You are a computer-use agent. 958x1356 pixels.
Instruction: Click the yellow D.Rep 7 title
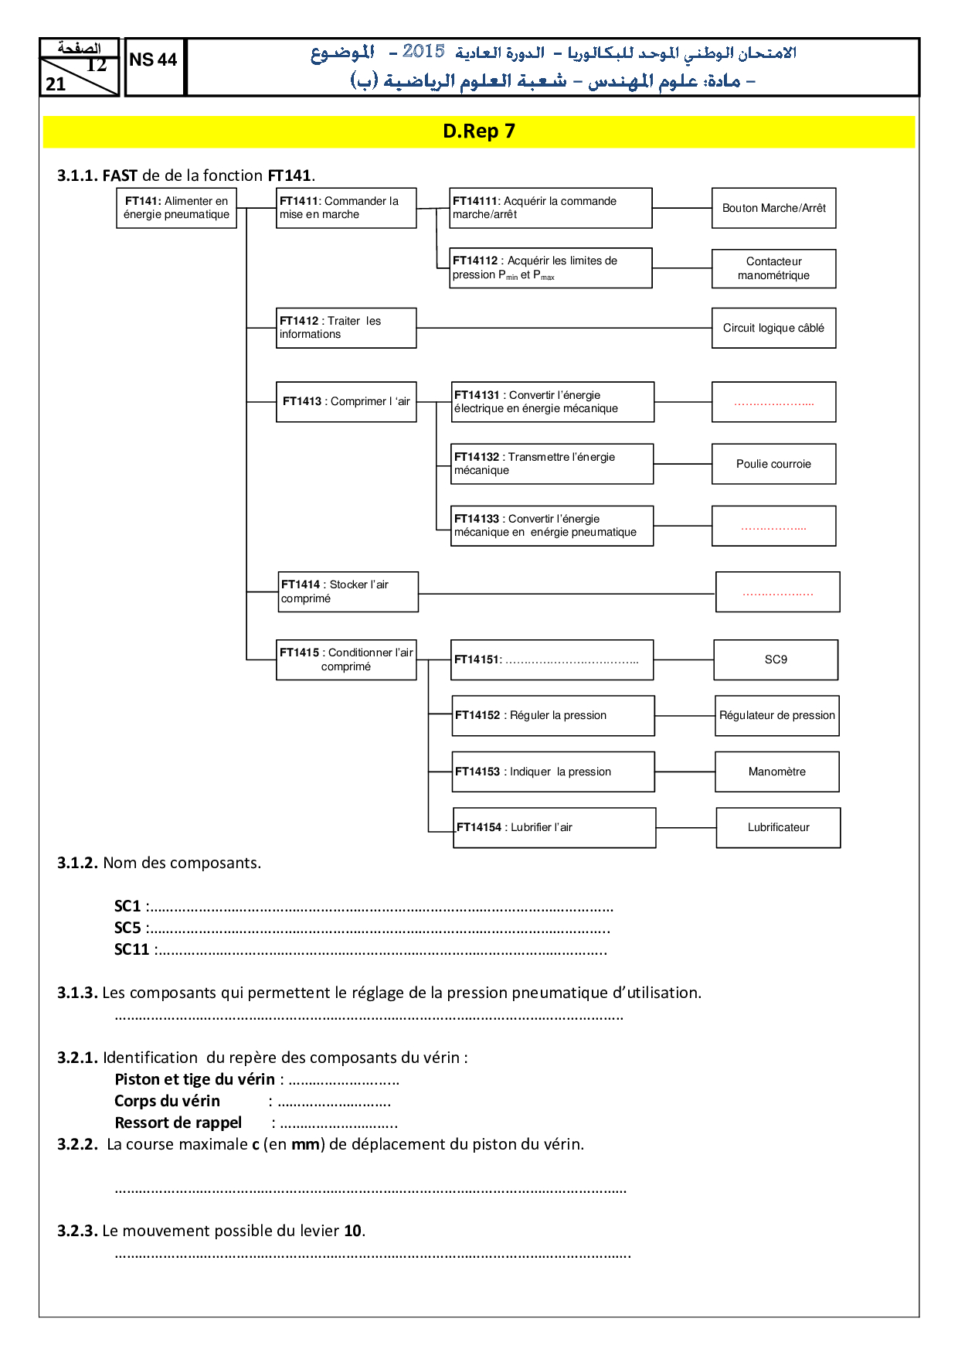pyautogui.click(x=479, y=131)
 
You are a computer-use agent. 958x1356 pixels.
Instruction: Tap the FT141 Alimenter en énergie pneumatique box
pyautogui.click(x=176, y=208)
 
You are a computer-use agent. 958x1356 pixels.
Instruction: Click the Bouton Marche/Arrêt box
pyautogui.click(x=773, y=208)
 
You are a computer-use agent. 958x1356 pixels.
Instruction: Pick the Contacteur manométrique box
pyautogui.click(x=773, y=268)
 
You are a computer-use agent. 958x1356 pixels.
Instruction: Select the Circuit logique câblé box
pyautogui.click(x=773, y=328)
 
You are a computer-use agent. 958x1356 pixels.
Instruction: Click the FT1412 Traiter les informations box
pyautogui.click(x=346, y=328)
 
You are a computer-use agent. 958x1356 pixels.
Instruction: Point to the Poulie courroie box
pyautogui.click(x=773, y=464)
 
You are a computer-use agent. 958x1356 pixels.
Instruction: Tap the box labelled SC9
pyautogui.click(x=776, y=659)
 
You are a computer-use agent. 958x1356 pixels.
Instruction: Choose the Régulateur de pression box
pyautogui.click(x=776, y=715)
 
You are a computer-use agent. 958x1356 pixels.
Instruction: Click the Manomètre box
pyautogui.click(x=776, y=772)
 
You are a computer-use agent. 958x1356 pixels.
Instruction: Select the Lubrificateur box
pyautogui.click(x=778, y=827)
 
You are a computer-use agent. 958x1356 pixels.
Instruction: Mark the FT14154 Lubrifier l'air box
pyautogui.click(x=554, y=827)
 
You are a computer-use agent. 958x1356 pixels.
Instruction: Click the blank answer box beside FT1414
pyautogui.click(x=777, y=592)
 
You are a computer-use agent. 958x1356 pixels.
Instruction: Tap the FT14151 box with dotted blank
pyautogui.click(x=552, y=659)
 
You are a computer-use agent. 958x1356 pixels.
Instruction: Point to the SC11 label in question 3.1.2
pyautogui.click(x=131, y=949)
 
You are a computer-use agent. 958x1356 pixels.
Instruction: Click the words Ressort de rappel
pyautogui.click(x=178, y=1123)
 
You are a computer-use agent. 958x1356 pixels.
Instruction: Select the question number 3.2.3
pyautogui.click(x=77, y=1231)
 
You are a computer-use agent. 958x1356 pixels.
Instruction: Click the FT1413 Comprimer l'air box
pyautogui.click(x=346, y=401)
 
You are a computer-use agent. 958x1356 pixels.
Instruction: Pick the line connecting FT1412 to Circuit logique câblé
pyautogui.click(x=564, y=328)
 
